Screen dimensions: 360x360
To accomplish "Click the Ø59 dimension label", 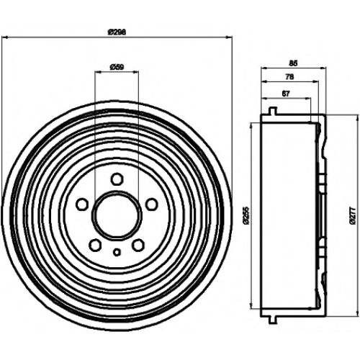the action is point(117,67).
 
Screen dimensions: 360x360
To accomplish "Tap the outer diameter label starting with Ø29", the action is point(117,32).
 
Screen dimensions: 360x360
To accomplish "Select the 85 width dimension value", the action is point(293,63).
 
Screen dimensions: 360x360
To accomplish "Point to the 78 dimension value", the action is point(289,77).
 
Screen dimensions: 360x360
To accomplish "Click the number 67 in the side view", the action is point(286,94).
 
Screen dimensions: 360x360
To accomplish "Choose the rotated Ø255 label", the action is point(247,215).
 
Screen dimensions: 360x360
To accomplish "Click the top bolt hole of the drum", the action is point(117,179).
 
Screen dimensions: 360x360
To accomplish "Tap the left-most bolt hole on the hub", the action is point(82,204).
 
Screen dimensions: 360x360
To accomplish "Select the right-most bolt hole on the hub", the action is point(152,204).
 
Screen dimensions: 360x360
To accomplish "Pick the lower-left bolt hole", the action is point(95,245).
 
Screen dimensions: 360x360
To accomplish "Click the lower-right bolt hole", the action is point(139,245).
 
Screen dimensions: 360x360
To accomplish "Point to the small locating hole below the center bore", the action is point(117,252).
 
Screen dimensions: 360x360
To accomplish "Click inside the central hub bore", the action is point(117,215).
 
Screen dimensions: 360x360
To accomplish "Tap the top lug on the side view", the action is point(272,111).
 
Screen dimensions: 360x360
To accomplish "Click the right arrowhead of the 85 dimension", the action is point(324,68).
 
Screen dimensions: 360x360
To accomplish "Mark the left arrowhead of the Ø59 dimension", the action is point(98,72).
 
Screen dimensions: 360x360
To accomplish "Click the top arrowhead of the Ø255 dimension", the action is point(251,125).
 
